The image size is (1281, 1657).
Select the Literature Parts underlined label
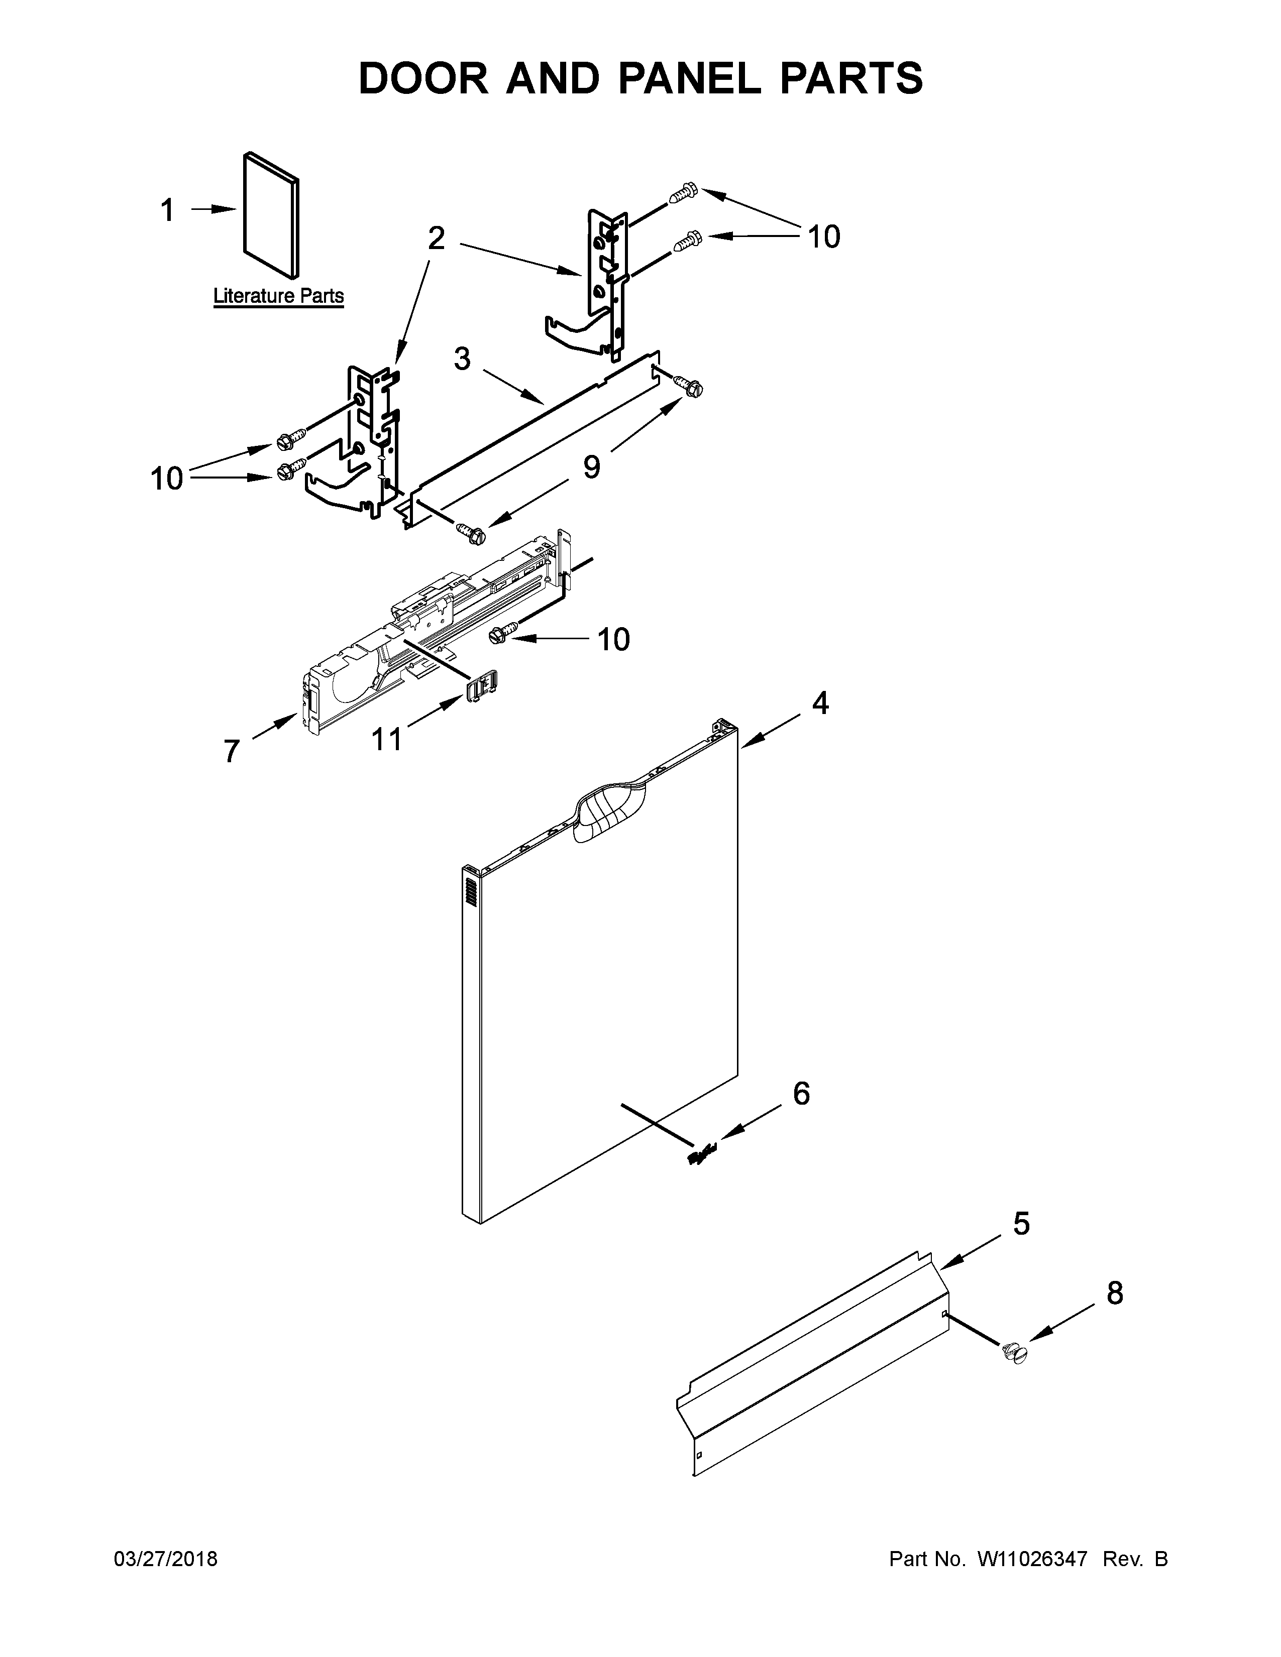[278, 296]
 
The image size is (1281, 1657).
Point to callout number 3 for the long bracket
[462, 358]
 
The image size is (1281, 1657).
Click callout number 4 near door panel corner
[820, 703]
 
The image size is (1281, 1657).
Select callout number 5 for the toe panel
[1021, 1224]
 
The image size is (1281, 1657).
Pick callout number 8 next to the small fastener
[1114, 1293]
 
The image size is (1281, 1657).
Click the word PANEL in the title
[688, 78]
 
